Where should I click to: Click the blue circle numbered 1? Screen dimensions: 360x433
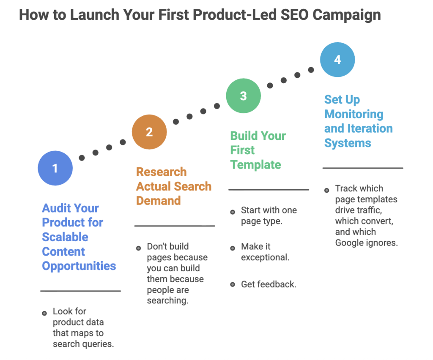pyautogui.click(x=55, y=169)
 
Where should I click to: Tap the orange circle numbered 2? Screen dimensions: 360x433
pyautogui.click(x=149, y=132)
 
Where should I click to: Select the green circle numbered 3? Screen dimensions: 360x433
pyautogui.click(x=243, y=96)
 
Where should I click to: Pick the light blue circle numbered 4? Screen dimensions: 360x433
pyautogui.click(x=337, y=60)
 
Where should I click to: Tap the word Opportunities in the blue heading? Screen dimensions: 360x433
pyautogui.click(x=79, y=266)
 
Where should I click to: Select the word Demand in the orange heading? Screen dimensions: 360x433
pyautogui.click(x=158, y=201)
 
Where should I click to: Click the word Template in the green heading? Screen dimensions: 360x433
pyautogui.click(x=255, y=164)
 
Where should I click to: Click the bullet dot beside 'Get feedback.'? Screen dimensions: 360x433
pyautogui.click(x=233, y=284)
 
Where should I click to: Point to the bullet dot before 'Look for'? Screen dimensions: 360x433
pyautogui.click(x=44, y=313)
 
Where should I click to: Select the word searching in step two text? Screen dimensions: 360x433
pyautogui.click(x=167, y=301)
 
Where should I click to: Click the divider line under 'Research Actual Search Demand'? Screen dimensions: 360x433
pyautogui.click(x=175, y=226)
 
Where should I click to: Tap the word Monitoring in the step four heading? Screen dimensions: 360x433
pyautogui.click(x=354, y=114)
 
